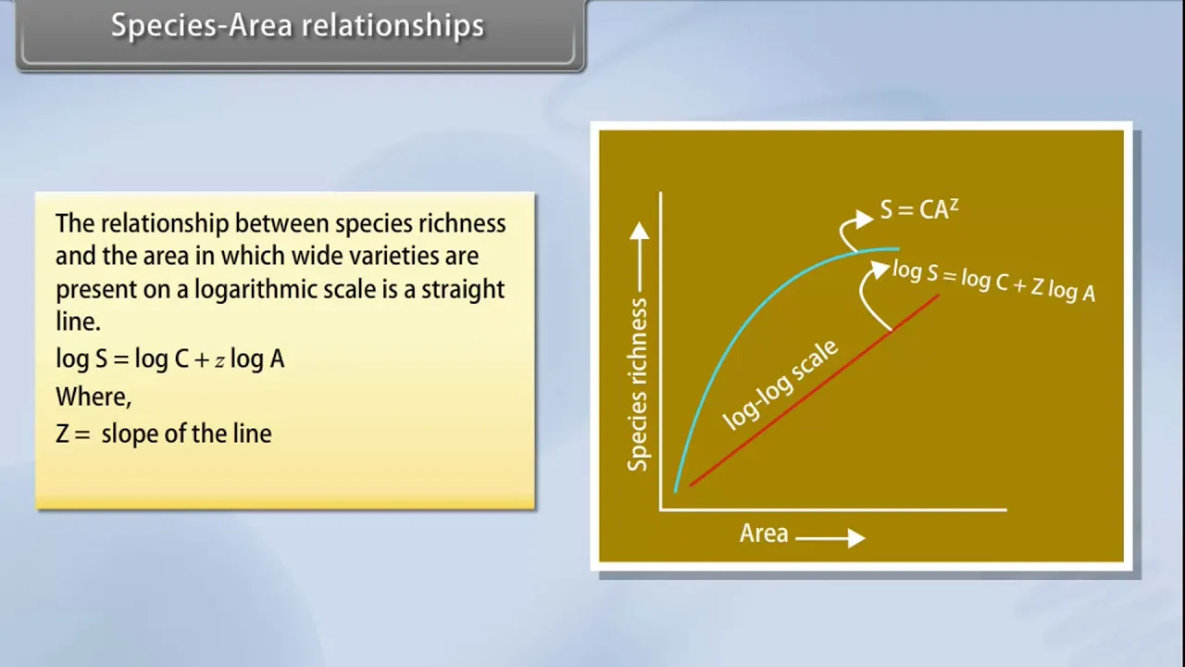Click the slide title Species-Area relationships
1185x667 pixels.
pos(297,25)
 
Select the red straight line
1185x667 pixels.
pos(815,391)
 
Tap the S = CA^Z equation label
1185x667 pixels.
pos(919,209)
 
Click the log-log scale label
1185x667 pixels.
pos(780,384)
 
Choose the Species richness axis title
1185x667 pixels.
pos(637,384)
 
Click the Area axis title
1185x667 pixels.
pos(764,533)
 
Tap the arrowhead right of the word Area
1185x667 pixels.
pos(856,538)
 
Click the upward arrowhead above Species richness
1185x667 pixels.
pos(639,231)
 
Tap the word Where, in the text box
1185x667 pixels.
pos(94,396)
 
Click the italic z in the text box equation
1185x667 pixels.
pos(219,361)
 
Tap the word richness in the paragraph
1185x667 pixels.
pos(462,223)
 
